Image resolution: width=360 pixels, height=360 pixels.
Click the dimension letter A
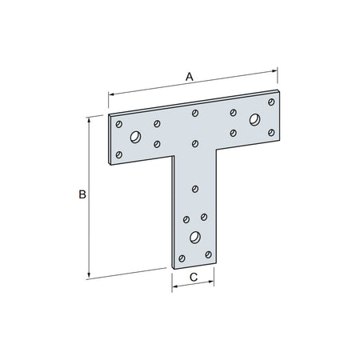190,76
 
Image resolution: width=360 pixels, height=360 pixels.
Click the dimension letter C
193,278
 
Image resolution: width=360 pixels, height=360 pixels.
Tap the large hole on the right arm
254,120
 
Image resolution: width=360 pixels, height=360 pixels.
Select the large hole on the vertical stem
194,237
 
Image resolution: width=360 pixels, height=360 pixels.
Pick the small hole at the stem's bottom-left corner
182,258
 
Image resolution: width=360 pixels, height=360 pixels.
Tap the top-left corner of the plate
109,115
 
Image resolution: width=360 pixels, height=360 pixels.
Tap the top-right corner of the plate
281,94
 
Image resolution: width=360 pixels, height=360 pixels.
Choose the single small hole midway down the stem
194,189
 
